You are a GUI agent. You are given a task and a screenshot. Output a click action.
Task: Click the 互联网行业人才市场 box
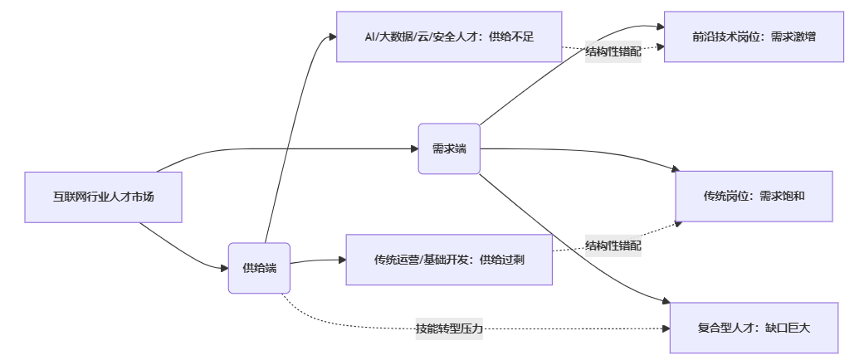pyautogui.click(x=103, y=197)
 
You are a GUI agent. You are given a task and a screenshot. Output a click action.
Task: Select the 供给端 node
pyautogui.click(x=259, y=268)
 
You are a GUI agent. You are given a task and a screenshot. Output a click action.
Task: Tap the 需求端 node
pyautogui.click(x=449, y=149)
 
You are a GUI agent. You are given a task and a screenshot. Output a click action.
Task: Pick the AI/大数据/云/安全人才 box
pyautogui.click(x=449, y=36)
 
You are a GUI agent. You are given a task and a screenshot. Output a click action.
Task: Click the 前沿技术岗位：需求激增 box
pyautogui.click(x=754, y=36)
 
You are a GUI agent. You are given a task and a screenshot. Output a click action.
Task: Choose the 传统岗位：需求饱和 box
pyautogui.click(x=754, y=197)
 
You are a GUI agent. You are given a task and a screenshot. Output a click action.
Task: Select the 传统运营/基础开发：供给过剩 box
pyautogui.click(x=449, y=260)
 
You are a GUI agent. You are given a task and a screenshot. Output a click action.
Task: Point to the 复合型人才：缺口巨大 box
pyautogui.click(x=754, y=328)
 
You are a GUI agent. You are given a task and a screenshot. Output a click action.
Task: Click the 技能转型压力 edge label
pyautogui.click(x=449, y=329)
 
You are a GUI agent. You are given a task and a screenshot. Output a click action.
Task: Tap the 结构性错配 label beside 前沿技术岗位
pyautogui.click(x=613, y=51)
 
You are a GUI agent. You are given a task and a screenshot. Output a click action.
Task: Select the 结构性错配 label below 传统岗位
pyautogui.click(x=613, y=246)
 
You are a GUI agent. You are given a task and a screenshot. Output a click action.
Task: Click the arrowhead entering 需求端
pyautogui.click(x=414, y=149)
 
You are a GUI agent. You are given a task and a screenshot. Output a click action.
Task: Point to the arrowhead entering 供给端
pyautogui.click(x=225, y=268)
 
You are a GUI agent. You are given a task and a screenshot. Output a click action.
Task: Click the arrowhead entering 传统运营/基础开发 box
pyautogui.click(x=342, y=260)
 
